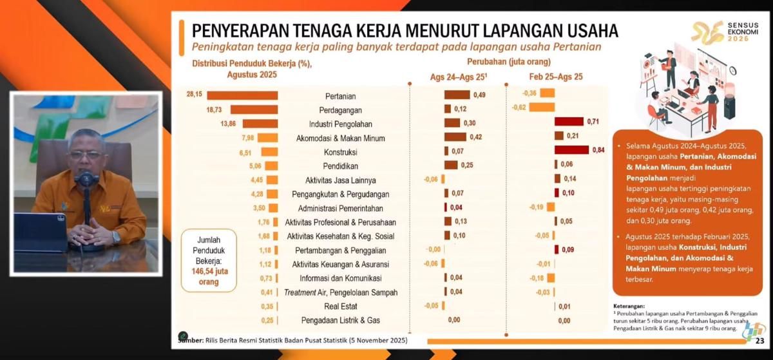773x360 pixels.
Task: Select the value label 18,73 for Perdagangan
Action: point(215,109)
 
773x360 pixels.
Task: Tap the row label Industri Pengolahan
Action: point(341,124)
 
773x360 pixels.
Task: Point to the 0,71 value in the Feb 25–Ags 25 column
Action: point(593,122)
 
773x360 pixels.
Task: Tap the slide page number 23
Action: point(759,341)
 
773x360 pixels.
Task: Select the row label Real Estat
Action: point(341,307)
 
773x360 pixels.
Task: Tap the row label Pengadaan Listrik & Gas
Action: point(341,321)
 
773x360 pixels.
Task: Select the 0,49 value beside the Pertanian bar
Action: point(479,95)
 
